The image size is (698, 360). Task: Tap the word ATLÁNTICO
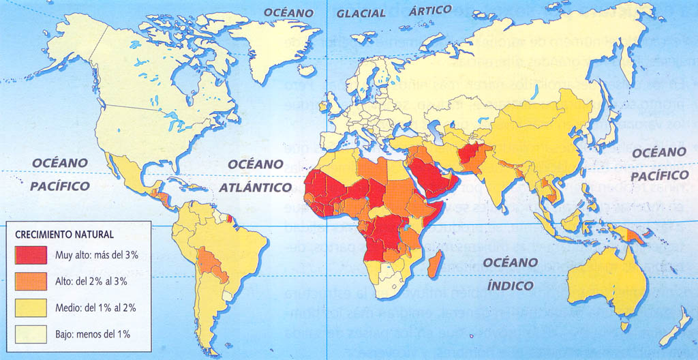tap(255, 187)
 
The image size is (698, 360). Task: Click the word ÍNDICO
tap(510, 286)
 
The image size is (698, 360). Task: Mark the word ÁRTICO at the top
tap(430, 10)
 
